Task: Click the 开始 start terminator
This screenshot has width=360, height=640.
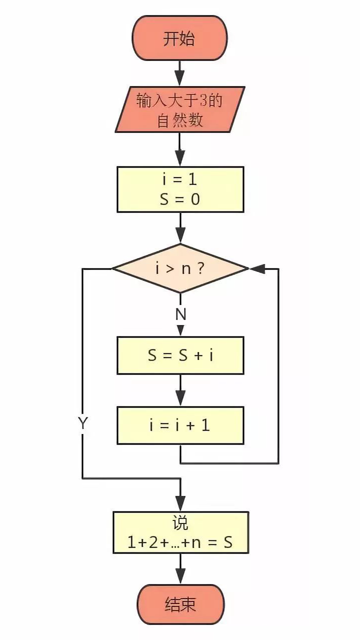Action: click(179, 38)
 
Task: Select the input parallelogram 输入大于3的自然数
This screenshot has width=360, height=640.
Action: click(179, 109)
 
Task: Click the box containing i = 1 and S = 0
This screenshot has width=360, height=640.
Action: click(180, 189)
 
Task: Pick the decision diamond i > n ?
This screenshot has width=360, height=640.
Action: click(180, 268)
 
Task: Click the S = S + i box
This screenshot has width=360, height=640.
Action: click(180, 355)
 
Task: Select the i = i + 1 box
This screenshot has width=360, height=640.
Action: click(180, 425)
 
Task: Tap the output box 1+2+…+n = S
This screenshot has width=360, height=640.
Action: click(180, 532)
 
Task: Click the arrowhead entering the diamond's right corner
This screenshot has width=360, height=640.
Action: click(256, 268)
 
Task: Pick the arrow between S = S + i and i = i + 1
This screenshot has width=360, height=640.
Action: click(180, 390)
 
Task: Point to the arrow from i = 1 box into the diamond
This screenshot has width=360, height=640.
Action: click(180, 228)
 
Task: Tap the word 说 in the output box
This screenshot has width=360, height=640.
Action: click(180, 523)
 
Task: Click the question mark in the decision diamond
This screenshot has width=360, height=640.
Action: click(200, 269)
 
